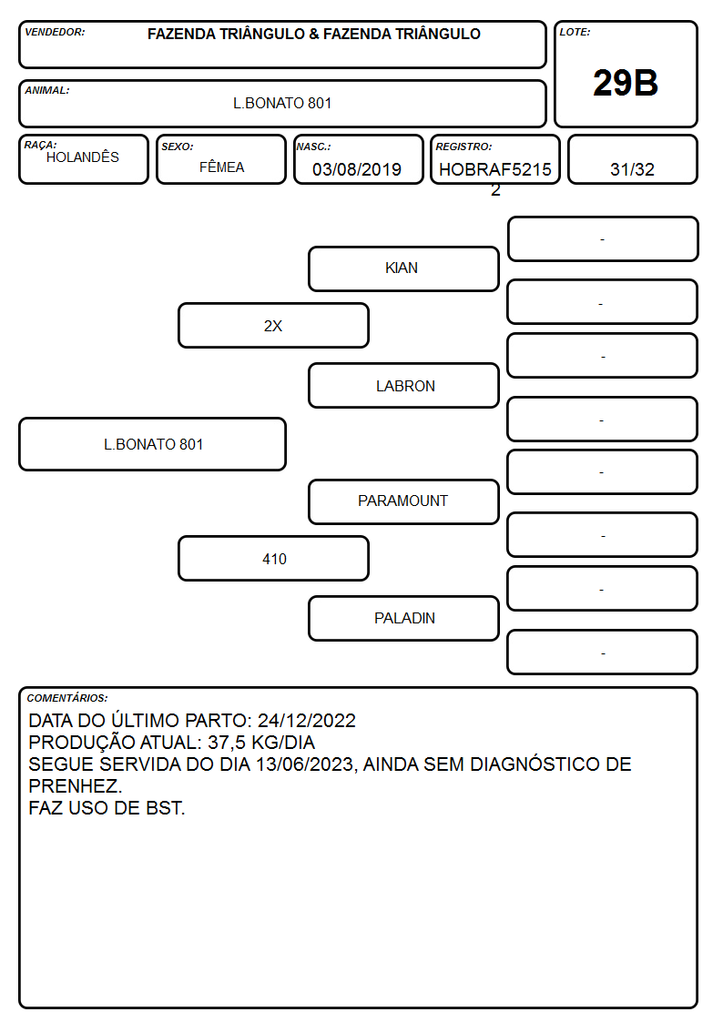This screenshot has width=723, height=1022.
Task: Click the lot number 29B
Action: coord(626,83)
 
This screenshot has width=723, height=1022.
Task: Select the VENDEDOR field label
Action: coord(55,32)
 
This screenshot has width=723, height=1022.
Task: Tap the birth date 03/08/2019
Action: coord(357,169)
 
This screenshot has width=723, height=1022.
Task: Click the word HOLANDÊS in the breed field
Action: coord(83,157)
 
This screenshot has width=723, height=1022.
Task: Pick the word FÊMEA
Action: coord(221,167)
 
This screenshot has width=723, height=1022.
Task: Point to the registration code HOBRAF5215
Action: coord(494,169)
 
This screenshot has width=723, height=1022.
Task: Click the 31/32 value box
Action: coord(632,159)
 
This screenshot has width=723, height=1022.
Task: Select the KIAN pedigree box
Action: coord(403,268)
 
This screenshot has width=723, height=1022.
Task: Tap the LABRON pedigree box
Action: coord(403,385)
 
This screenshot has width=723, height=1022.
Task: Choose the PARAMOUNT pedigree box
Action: coord(403,501)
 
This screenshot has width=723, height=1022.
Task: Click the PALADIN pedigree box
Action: coord(403,619)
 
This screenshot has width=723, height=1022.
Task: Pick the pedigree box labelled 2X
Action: coord(273,325)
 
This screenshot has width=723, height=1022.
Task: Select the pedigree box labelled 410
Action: coord(273,559)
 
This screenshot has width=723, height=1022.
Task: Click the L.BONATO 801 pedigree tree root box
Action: coord(153,444)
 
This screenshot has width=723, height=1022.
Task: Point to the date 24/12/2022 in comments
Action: coord(307,720)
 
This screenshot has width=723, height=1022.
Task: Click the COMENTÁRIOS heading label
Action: coord(67,698)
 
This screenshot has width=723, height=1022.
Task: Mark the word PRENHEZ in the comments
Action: coord(74,786)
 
